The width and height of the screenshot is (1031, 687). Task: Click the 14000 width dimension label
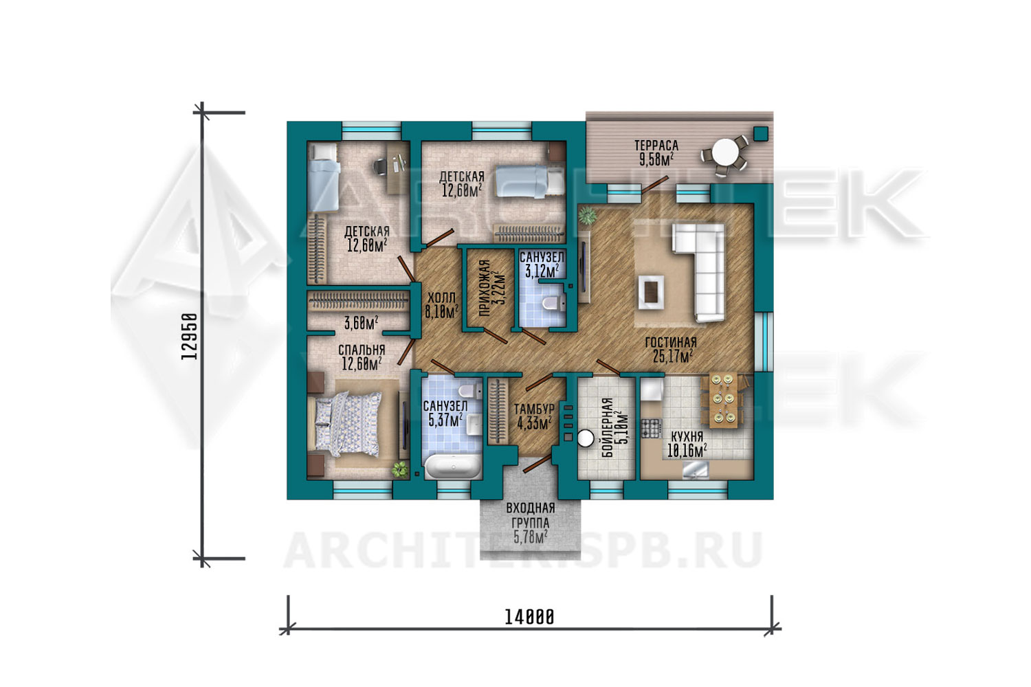point(529,617)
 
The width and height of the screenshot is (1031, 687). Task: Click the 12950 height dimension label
point(189,337)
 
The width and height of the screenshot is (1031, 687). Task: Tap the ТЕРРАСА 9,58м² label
point(656,153)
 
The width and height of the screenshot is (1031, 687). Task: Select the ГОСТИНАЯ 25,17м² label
point(671,349)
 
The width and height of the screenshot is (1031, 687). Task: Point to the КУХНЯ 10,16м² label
point(687,444)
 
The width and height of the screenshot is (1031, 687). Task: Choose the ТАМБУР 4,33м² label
point(534,416)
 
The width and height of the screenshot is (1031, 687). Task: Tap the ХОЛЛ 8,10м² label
point(441,304)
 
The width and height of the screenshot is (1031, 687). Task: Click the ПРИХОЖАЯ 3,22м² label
point(492,289)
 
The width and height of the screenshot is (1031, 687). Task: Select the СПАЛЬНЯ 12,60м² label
point(362,357)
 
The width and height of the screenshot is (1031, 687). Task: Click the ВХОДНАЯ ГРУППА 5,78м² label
point(531,523)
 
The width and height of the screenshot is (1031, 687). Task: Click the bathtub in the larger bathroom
point(453,466)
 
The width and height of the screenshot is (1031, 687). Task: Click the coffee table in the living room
point(651,292)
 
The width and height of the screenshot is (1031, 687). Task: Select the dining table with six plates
point(723,398)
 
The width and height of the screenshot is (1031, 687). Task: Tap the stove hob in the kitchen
point(651,428)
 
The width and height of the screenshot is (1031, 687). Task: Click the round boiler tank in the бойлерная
point(586,438)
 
